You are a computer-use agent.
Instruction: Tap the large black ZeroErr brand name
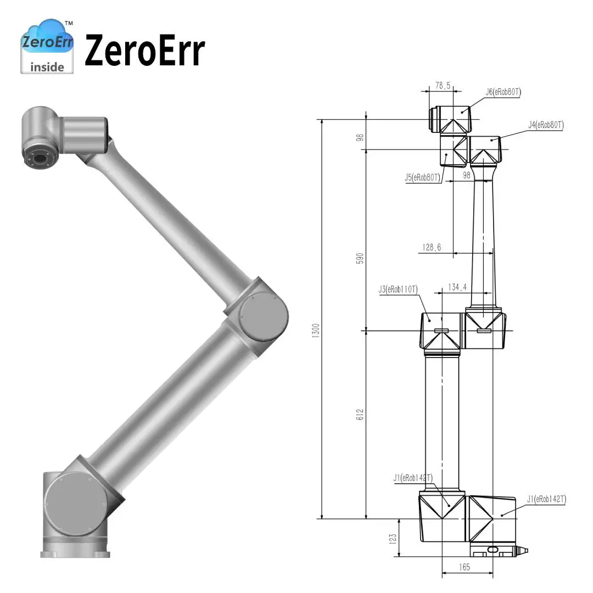tap(144, 51)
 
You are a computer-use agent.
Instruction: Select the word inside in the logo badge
tap(47, 67)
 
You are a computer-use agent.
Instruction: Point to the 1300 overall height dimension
tap(315, 329)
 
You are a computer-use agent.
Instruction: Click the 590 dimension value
tap(360, 258)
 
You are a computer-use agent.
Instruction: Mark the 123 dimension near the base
tap(391, 538)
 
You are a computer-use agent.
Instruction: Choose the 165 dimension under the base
tap(465, 568)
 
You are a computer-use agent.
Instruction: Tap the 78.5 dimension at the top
tap(443, 86)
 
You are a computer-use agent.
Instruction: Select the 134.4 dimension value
tap(457, 287)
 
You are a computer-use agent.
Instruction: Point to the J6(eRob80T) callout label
tap(503, 92)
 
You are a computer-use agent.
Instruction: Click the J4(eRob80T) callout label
tap(546, 125)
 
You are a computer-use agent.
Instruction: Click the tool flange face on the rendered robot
tap(40, 160)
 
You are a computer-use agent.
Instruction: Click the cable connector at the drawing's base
tap(520, 550)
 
